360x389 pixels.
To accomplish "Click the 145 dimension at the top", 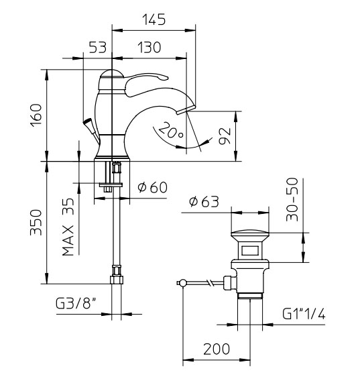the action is [x=154, y=19].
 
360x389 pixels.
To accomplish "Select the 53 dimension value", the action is [x=97, y=47].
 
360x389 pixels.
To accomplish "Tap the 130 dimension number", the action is [x=149, y=47].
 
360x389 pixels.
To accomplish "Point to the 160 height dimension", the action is [x=36, y=115].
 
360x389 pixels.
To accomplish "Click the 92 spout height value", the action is [x=225, y=135].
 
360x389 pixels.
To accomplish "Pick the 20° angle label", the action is [x=171, y=131].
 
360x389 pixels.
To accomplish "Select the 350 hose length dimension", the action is [x=36, y=222].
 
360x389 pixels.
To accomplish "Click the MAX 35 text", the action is [x=68, y=227].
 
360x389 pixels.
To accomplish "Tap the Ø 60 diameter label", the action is [x=153, y=187].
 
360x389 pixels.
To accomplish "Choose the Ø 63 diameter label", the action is [x=204, y=201].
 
